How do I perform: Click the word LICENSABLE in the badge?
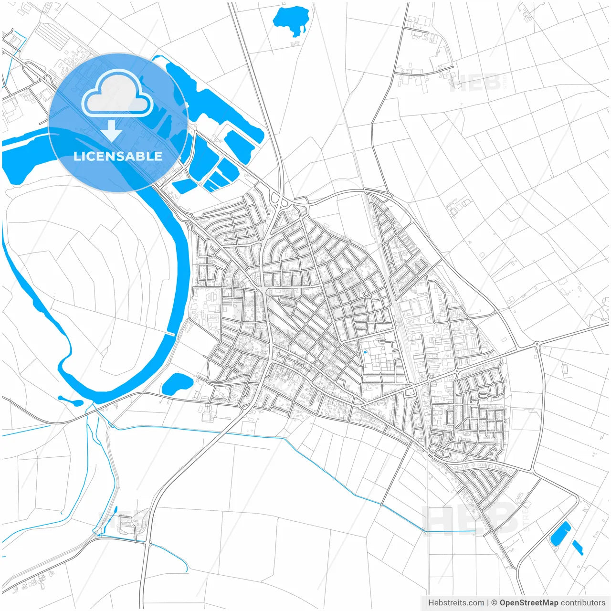(x=118, y=156)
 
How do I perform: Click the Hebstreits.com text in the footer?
(x=456, y=603)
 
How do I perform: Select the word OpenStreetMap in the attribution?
(x=528, y=603)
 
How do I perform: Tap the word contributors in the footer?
(x=583, y=603)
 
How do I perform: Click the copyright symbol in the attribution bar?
(x=495, y=603)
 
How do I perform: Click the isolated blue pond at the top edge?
(x=290, y=20)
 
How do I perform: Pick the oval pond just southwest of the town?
(x=177, y=383)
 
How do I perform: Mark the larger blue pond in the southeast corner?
(x=560, y=533)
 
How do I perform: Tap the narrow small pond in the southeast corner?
(x=578, y=548)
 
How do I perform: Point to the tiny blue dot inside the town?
(x=365, y=352)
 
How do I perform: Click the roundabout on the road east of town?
(x=537, y=344)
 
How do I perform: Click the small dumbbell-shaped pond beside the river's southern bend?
(x=70, y=400)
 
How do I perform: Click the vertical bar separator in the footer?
(x=488, y=603)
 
